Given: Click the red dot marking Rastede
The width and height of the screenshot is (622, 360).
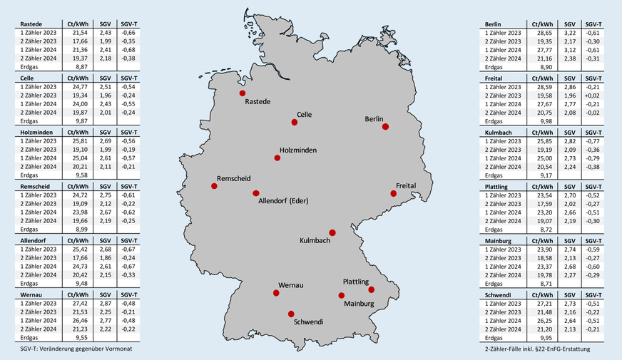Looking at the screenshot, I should [243, 93].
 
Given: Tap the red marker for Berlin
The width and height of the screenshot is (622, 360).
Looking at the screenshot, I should [385, 127].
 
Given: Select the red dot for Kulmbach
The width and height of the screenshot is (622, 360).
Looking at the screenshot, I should [332, 233].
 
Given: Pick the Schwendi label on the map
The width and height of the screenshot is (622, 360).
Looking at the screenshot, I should [309, 322].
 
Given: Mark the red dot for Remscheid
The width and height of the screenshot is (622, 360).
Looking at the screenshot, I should [214, 186].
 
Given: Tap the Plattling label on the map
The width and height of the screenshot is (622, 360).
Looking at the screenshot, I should [356, 282].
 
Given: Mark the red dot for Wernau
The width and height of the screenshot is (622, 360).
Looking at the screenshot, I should [276, 293].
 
